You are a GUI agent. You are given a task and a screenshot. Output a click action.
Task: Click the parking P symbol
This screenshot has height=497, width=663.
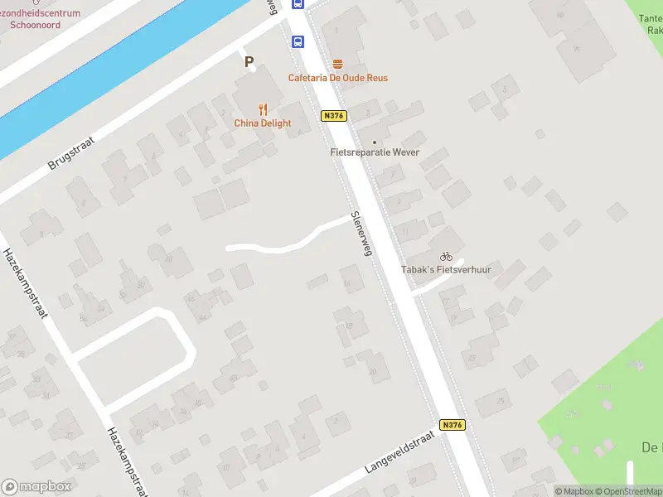(248, 61)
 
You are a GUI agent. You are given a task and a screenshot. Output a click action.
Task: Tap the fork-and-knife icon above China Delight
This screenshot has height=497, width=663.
(263, 109)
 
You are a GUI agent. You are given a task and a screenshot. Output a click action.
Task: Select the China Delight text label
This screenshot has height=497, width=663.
(263, 123)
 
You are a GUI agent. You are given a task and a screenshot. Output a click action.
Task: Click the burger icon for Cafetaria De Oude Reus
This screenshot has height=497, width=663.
(337, 64)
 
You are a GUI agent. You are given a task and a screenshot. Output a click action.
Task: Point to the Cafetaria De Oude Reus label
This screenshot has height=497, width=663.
(337, 78)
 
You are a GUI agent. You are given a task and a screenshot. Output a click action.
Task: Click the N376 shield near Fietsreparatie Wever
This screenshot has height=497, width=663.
(333, 116)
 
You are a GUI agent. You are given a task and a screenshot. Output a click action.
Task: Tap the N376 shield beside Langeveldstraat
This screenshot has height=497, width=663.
(452, 425)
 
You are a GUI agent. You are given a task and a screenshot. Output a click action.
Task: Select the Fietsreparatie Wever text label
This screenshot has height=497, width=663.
(375, 152)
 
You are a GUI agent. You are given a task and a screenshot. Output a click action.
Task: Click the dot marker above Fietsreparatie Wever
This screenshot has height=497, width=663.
(374, 142)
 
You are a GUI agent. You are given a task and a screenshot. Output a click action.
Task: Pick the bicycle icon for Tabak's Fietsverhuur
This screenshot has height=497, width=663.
(446, 257)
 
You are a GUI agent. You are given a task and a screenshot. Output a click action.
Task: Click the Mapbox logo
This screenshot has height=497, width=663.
(37, 487)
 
